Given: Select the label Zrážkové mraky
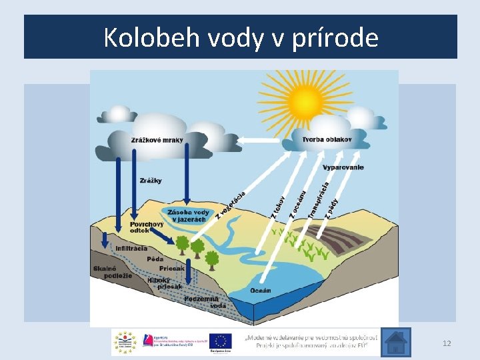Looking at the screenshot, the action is pos(157,141).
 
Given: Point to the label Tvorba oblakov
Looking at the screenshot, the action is pos(327,140).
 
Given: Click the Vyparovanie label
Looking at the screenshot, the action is pos(343,167).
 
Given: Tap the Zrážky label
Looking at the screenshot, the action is pos(151,181).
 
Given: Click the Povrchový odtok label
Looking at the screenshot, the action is pos(146,227).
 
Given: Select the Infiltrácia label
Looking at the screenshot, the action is pos(131,249).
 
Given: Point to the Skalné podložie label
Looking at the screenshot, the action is pos(109,271).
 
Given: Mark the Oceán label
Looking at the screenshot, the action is pos(260,291).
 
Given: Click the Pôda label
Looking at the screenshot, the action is pos(155,259).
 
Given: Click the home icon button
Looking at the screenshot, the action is pos(395,343).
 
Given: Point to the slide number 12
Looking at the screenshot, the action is pos(447,343).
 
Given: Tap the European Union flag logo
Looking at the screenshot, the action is pos(220,341).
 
